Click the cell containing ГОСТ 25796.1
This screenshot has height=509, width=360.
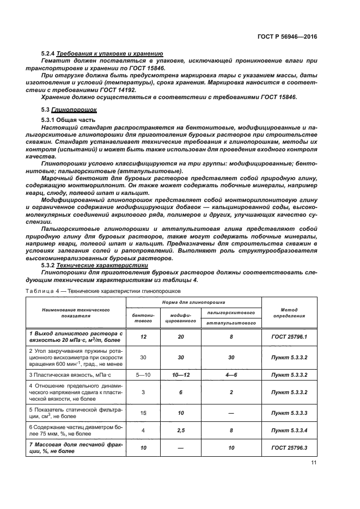289,337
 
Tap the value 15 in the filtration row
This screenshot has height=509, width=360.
143,413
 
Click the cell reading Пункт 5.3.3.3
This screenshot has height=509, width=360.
289,413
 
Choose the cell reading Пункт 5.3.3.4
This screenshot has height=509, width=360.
289,431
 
